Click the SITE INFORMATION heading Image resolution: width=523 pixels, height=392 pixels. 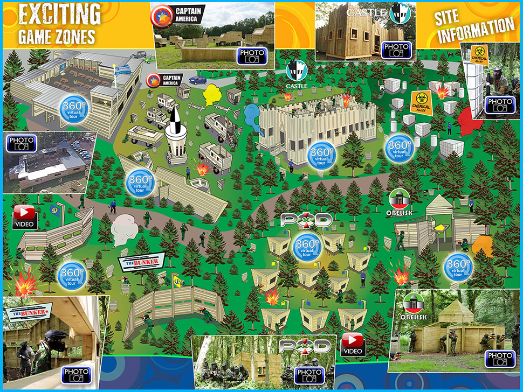point(474,26)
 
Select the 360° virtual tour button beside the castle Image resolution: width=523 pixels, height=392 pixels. point(322,153)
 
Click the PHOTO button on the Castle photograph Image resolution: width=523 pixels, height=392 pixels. point(396,50)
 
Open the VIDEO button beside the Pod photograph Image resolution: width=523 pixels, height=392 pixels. point(353,344)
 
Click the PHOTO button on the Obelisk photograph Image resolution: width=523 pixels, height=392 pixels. point(499,358)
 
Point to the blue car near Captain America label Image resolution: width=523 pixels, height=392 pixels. point(197,80)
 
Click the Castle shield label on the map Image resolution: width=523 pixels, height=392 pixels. point(296,74)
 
